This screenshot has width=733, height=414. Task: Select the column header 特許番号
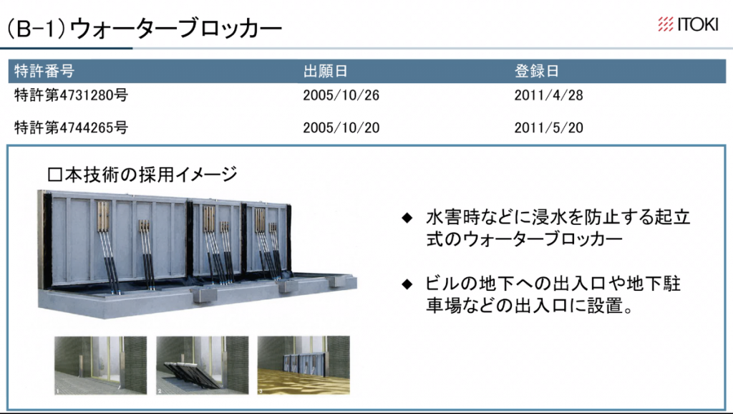(x=44, y=71)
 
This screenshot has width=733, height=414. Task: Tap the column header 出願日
(x=326, y=71)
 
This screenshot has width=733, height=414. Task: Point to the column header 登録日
(x=536, y=71)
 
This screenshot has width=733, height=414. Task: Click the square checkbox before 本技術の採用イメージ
(x=52, y=175)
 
